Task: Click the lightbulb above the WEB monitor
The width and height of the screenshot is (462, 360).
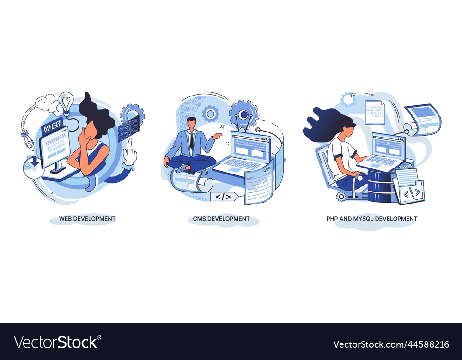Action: tap(66, 102)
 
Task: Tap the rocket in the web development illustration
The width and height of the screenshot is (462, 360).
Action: tap(27, 141)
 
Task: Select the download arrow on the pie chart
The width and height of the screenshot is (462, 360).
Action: tap(34, 162)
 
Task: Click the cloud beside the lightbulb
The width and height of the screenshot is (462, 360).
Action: tap(46, 104)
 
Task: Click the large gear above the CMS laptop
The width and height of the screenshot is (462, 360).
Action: tap(243, 112)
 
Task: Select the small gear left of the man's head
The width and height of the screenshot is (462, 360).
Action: tap(210, 113)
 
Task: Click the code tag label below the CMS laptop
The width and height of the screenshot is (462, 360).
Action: tap(224, 197)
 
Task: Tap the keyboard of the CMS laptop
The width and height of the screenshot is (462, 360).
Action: tap(242, 164)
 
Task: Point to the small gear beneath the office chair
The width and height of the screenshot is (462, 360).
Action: tap(341, 197)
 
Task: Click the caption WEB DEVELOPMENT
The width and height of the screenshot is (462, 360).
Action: tap(87, 219)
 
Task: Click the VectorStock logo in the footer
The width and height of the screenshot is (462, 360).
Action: tap(55, 342)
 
